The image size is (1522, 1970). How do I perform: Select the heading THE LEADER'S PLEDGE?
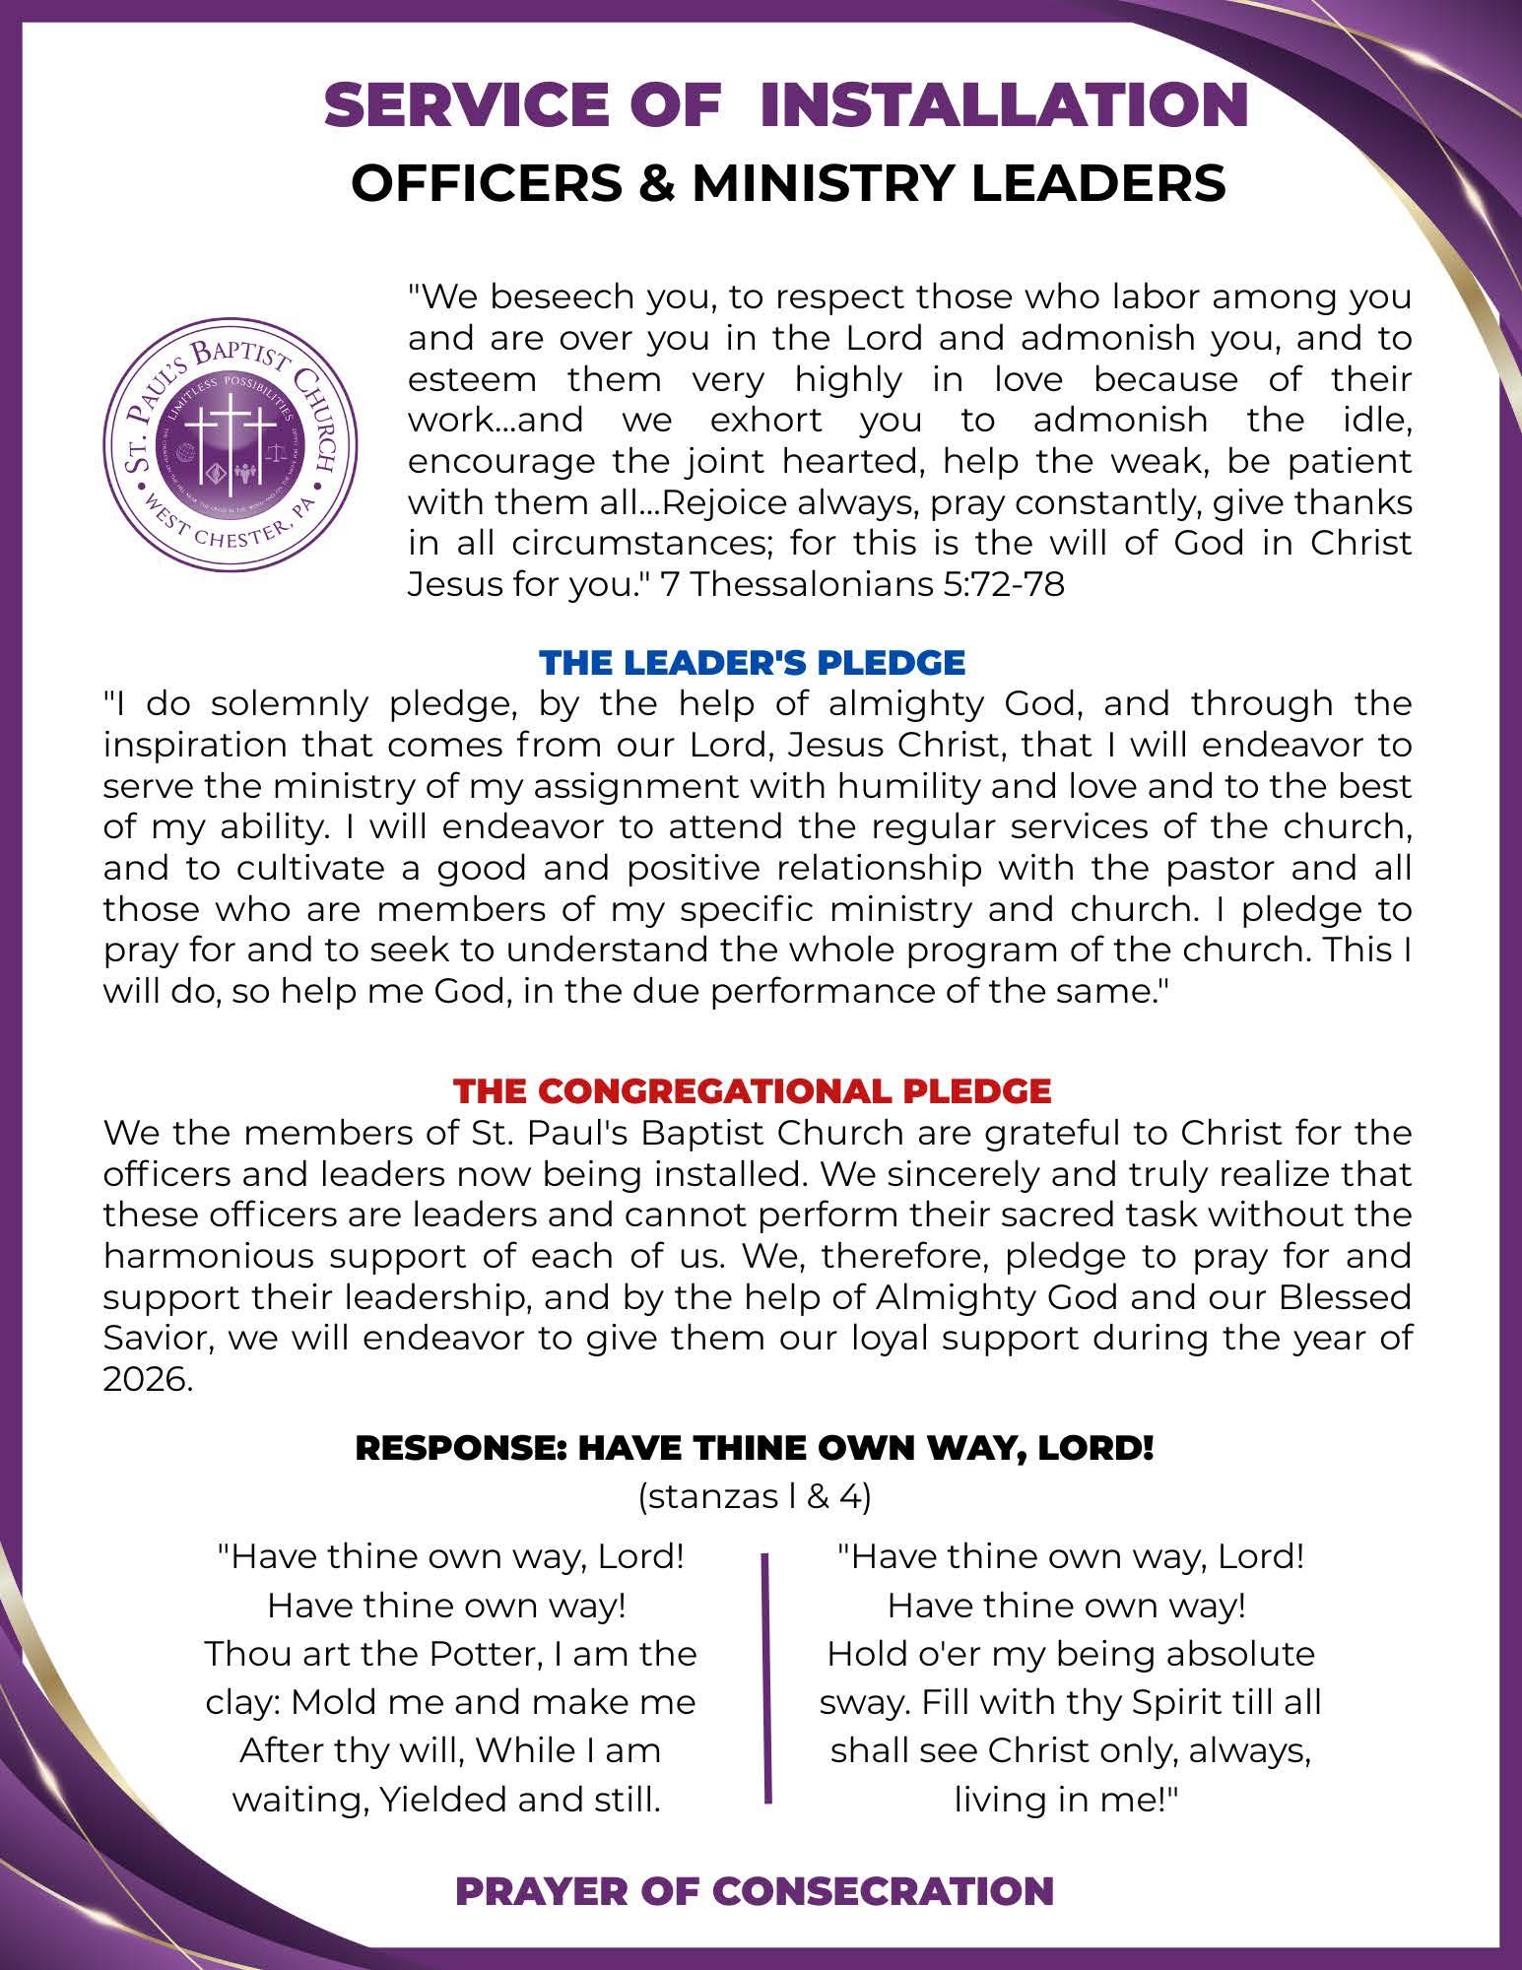(753, 662)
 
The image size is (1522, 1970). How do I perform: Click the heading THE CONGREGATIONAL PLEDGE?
(753, 1091)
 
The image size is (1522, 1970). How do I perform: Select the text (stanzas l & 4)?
(755, 1497)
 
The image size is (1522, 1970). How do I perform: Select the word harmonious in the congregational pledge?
(215, 1257)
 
